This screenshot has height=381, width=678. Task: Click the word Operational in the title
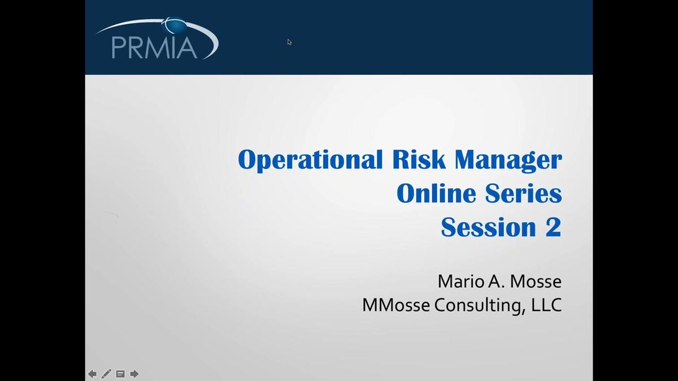pos(310,160)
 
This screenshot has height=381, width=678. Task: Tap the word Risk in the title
pos(419,159)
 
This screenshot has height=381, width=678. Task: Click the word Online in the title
pos(436,193)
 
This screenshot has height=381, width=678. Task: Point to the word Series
pos(523,193)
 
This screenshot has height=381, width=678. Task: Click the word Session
pos(489,227)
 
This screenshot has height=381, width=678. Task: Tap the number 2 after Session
pos(554,227)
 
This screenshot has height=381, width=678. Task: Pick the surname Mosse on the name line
pos(536,282)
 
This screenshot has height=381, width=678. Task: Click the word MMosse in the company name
pos(396,305)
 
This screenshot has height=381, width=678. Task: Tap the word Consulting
pos(480,306)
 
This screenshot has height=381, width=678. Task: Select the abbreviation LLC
pos(547,305)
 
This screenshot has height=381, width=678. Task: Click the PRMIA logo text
pos(154,48)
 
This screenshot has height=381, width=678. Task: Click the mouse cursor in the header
pos(289,42)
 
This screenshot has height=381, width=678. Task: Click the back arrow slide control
pos(92,374)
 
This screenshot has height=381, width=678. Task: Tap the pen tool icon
pos(106,374)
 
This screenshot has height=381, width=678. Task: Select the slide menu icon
pos(120,374)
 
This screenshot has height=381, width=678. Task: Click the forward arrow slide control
pos(134,374)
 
